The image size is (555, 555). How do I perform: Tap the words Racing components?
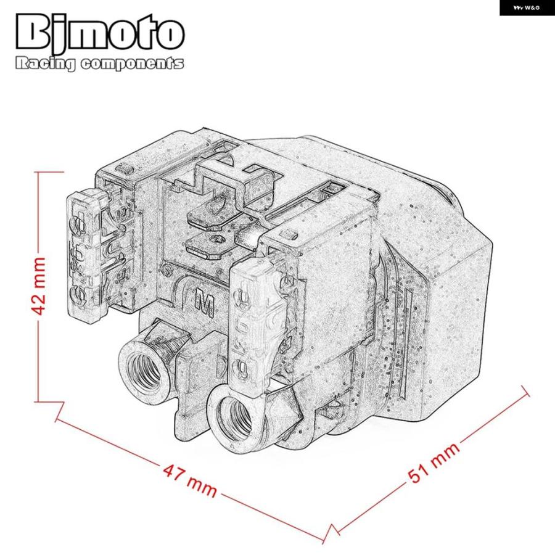click(x=99, y=64)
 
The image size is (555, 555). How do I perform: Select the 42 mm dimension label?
click(x=38, y=286)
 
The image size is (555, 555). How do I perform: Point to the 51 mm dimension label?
click(x=434, y=462)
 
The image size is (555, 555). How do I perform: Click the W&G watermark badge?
click(x=527, y=8)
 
